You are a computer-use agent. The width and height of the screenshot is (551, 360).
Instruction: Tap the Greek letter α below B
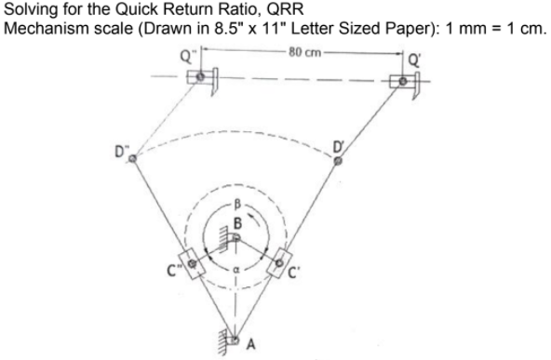235,273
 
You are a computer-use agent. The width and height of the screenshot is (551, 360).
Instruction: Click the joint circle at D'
338,160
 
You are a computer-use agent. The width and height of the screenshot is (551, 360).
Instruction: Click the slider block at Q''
198,75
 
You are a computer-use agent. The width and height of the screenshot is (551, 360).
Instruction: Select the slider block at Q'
403,82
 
